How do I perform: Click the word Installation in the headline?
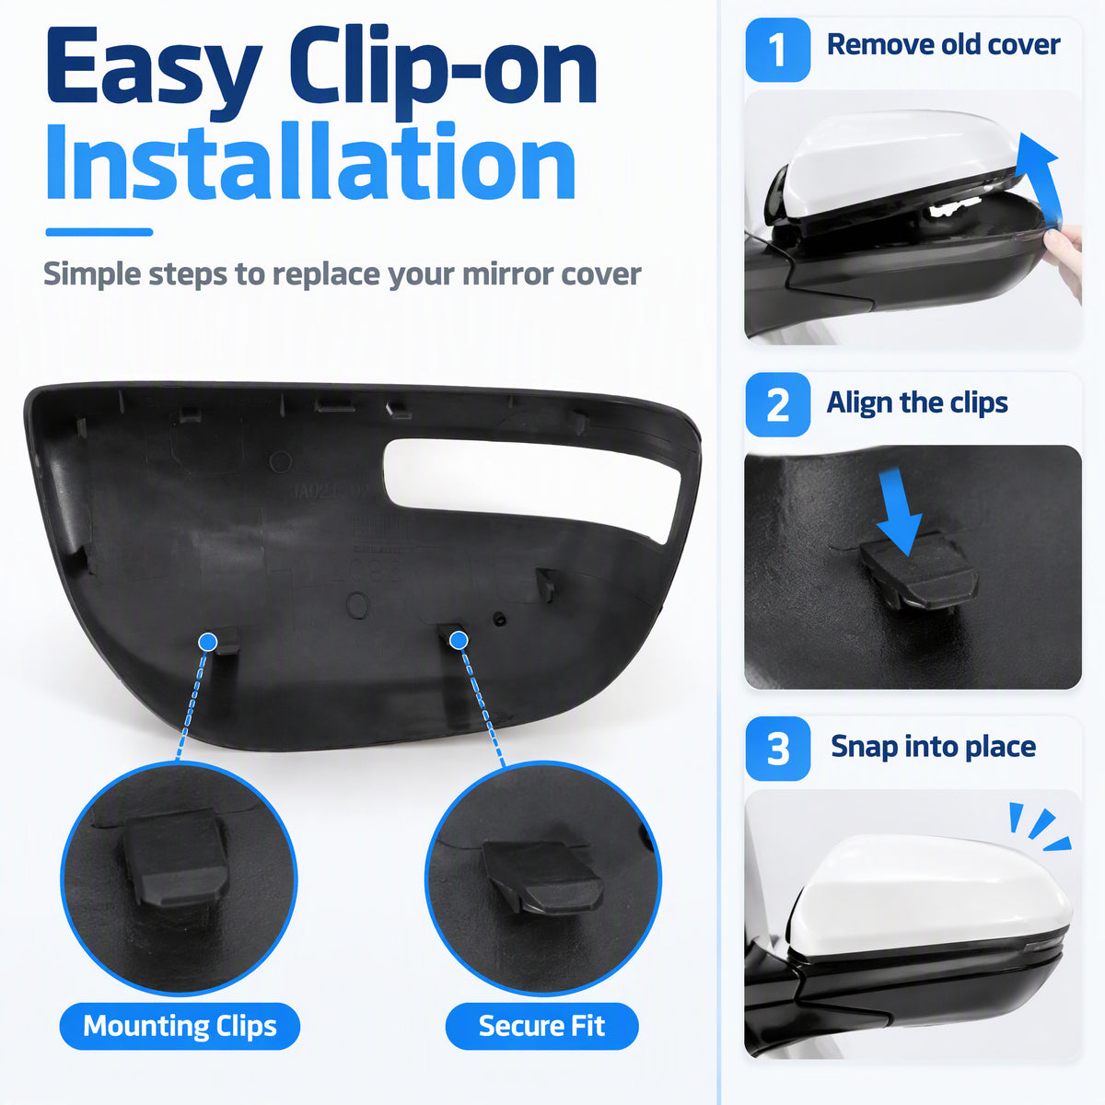click(310, 162)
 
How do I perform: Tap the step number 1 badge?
click(777, 50)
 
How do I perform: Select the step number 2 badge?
click(777, 405)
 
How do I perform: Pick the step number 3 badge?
click(777, 749)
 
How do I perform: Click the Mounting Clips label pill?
click(180, 1026)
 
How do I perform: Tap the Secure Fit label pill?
click(541, 1026)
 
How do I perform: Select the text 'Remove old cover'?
click(943, 45)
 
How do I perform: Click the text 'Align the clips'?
click(917, 402)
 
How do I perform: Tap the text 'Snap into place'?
click(933, 747)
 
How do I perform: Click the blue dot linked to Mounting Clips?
click(207, 642)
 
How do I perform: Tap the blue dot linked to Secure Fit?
click(459, 641)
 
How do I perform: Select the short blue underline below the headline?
click(99, 232)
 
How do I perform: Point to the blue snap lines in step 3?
click(1039, 828)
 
